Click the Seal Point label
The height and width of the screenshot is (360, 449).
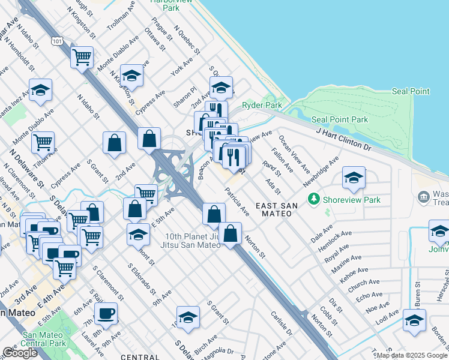pyautogui.click(x=411, y=91)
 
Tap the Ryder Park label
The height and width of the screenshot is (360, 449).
pyautogui.click(x=262, y=106)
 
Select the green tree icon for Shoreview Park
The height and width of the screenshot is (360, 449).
pyautogui.click(x=313, y=198)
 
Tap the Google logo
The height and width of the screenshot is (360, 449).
pyautogui.click(x=20, y=353)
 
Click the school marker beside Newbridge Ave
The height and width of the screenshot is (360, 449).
pyautogui.click(x=354, y=177)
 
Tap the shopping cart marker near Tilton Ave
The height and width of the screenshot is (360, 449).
pyautogui.click(x=43, y=142)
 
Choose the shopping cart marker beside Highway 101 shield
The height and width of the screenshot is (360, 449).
pyautogui.click(x=82, y=57)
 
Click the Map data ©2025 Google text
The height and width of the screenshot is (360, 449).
pyautogui.click(x=411, y=355)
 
